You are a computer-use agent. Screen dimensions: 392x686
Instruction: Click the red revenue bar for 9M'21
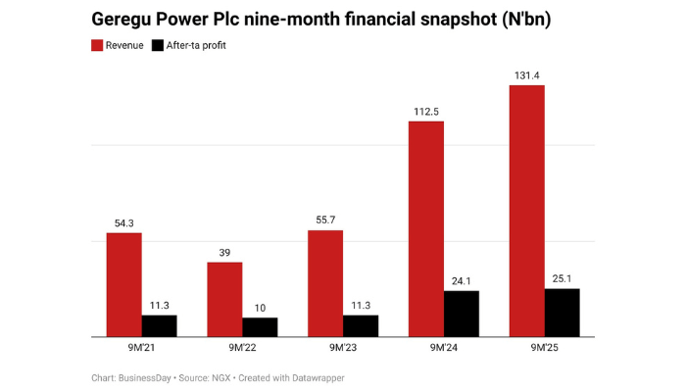[124, 284]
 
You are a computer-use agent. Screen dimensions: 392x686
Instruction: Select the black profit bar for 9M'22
[260, 326]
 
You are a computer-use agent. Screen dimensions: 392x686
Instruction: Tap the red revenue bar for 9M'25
[526, 211]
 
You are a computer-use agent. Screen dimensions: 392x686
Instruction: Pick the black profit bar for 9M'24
[462, 313]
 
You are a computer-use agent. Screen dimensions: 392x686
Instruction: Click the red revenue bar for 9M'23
[325, 283]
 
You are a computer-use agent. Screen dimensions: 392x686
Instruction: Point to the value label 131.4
[526, 74]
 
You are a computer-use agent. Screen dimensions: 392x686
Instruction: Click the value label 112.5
[425, 111]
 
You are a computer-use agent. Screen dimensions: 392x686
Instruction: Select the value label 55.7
[325, 220]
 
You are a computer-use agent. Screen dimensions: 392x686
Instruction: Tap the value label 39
[224, 252]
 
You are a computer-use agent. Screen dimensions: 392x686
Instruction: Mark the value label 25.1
[562, 277]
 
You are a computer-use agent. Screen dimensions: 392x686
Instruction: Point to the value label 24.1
[462, 279]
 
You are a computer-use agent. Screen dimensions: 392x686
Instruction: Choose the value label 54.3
[124, 222]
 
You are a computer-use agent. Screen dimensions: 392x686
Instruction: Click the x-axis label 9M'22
[242, 348]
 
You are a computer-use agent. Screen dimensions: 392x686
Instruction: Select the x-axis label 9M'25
[544, 348]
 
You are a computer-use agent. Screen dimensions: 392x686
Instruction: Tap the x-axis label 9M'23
[343, 348]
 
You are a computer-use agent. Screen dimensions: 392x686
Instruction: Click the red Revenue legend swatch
[98, 45]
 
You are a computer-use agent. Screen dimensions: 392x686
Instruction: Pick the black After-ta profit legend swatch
[159, 45]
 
